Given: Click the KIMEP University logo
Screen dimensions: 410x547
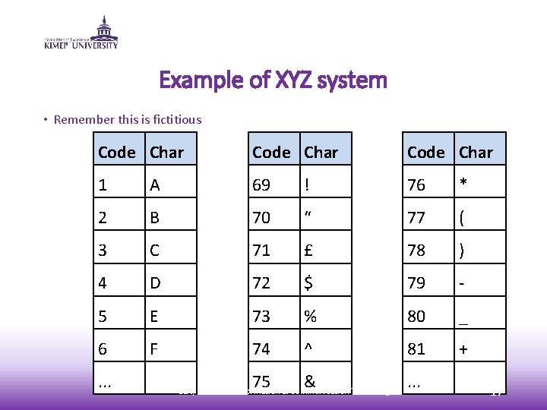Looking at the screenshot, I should (x=81, y=32).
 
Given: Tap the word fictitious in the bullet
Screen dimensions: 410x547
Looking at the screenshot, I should (x=175, y=119).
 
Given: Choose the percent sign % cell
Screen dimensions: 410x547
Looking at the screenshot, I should (x=325, y=314).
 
